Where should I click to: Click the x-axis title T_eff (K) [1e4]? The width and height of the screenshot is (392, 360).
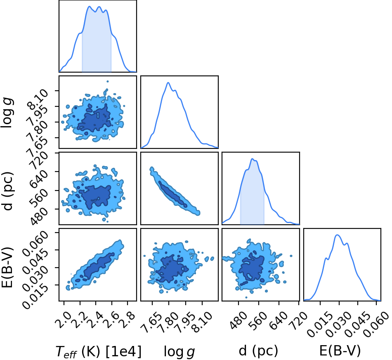pos(98,351)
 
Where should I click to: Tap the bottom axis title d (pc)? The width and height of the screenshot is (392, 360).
pos(258,351)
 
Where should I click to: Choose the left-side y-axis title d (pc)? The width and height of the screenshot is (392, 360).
pos(7,191)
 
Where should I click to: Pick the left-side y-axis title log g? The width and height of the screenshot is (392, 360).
pos(7,113)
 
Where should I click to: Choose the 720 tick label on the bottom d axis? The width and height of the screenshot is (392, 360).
pos(299,319)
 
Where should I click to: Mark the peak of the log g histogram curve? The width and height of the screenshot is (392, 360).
pos(168,82)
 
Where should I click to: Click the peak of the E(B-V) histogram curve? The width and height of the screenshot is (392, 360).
pos(337,235)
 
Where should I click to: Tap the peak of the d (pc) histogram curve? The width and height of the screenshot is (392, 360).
pos(252,159)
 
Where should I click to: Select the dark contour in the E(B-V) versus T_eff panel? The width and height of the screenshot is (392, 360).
pos(99,266)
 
